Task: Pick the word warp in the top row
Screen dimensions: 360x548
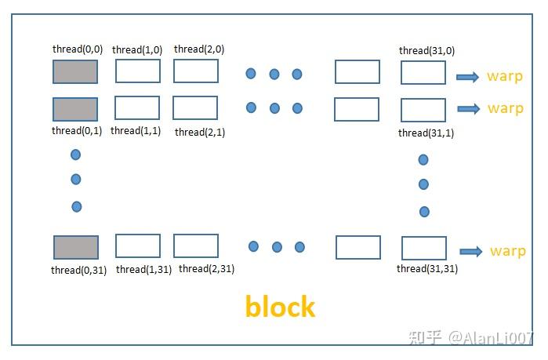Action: tap(504, 77)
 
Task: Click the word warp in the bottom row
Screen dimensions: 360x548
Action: tap(507, 252)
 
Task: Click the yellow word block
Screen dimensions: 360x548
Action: tap(280, 306)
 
